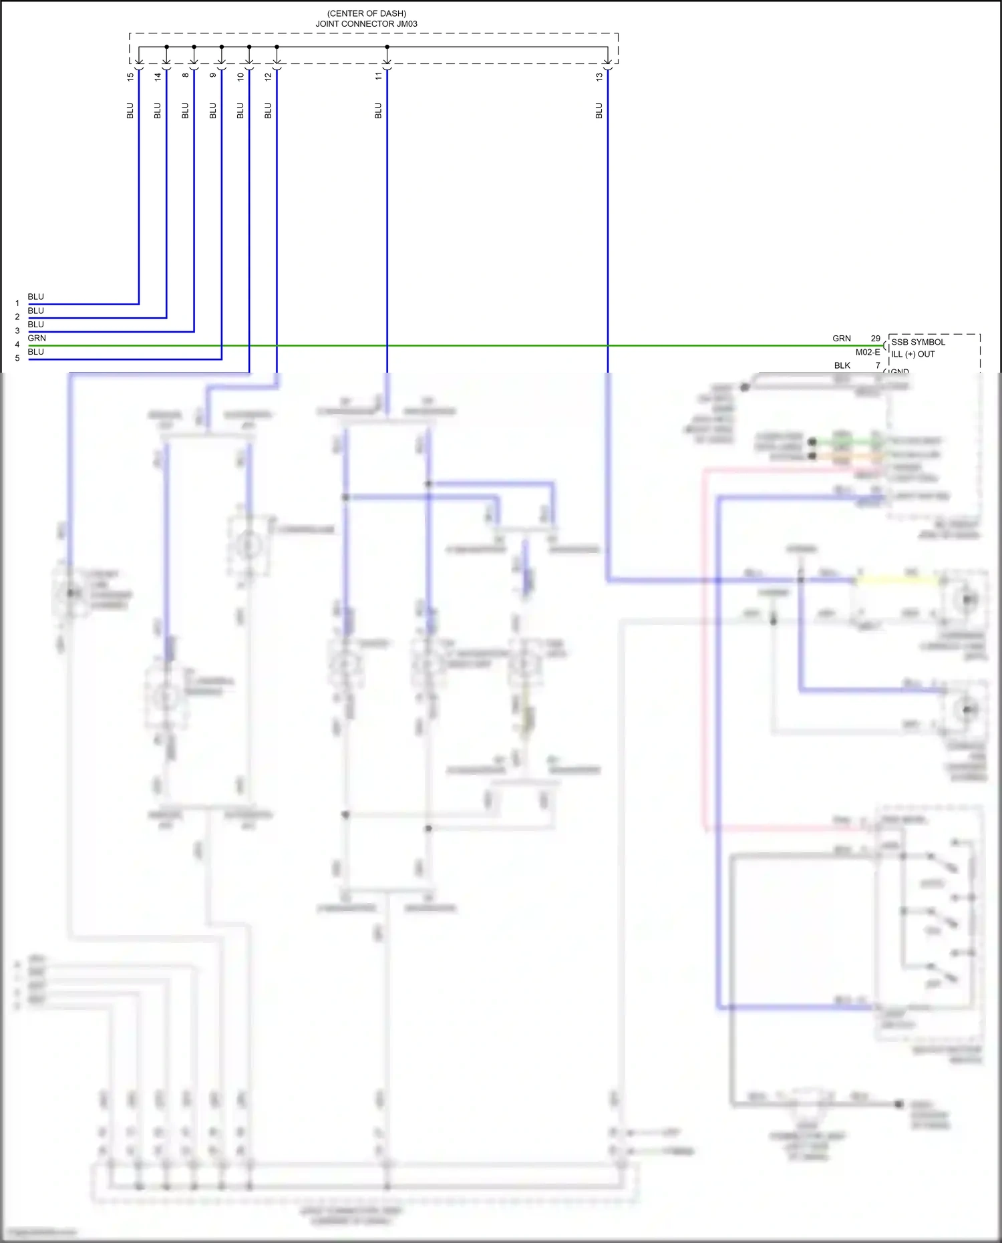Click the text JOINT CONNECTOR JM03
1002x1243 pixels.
(366, 24)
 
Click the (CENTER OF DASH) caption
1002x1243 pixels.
(366, 13)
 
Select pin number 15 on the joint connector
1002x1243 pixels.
(130, 76)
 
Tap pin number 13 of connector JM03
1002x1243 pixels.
(599, 76)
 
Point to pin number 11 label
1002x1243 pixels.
(378, 76)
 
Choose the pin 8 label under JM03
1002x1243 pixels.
(186, 75)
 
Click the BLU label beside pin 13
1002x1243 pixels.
(599, 111)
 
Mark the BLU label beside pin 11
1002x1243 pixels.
(378, 111)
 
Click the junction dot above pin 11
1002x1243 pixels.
(387, 47)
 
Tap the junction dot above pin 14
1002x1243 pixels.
(166, 47)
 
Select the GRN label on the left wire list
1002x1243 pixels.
(37, 338)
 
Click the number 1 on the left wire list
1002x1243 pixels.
(17, 303)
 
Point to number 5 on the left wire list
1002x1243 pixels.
(17, 359)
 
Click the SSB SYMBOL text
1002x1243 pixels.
(918, 342)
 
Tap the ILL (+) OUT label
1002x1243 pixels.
(912, 354)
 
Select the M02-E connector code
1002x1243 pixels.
(868, 352)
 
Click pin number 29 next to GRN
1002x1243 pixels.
(875, 339)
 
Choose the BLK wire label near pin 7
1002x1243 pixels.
(842, 365)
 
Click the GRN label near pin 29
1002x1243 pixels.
(841, 339)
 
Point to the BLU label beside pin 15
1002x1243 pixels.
(130, 111)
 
